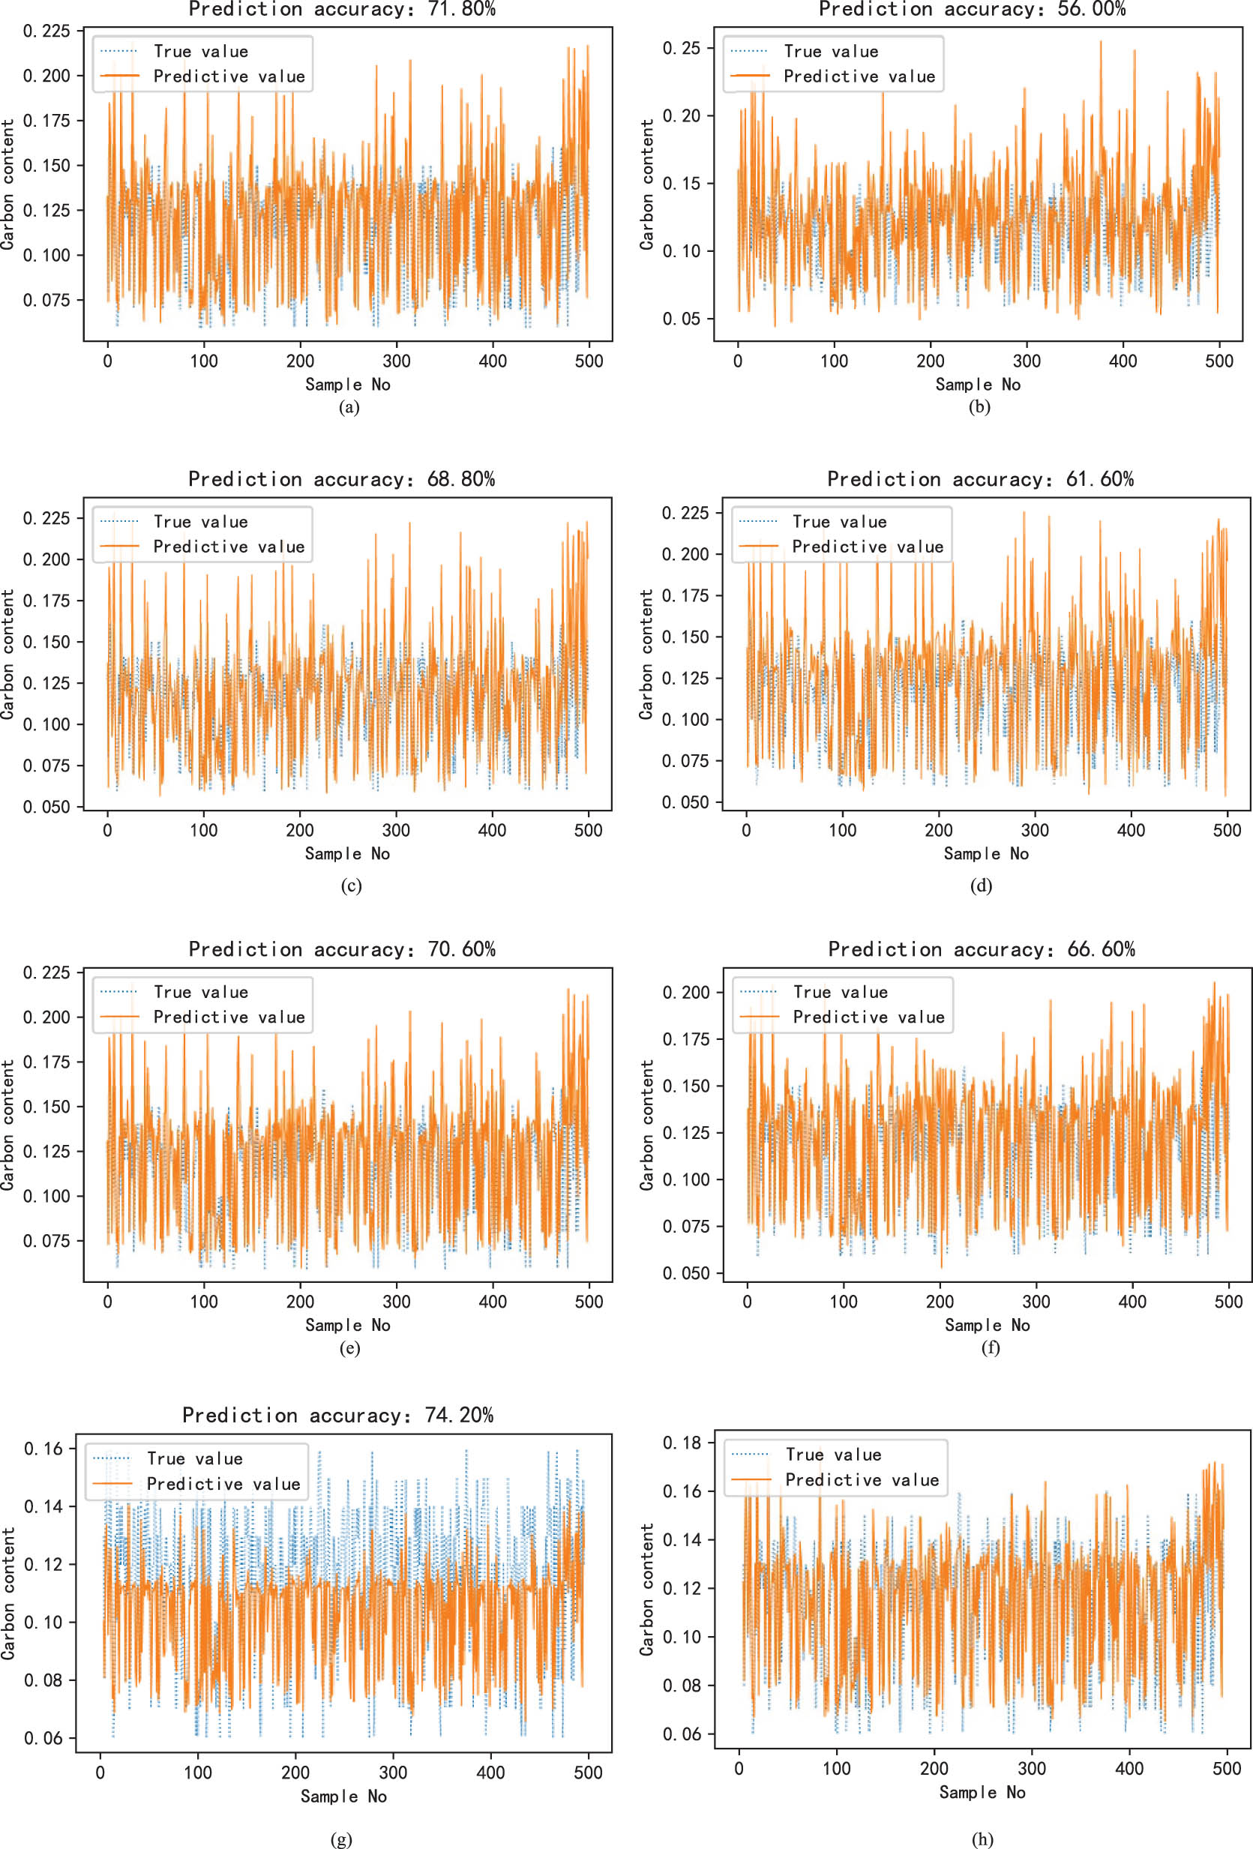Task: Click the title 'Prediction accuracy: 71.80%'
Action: pyautogui.click(x=342, y=10)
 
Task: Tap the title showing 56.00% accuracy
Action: pyautogui.click(x=972, y=10)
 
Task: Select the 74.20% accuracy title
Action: pyautogui.click(x=338, y=1415)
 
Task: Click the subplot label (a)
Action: pyautogui.click(x=349, y=407)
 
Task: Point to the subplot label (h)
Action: pyautogui.click(x=982, y=1839)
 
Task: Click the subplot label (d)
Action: pyautogui.click(x=981, y=886)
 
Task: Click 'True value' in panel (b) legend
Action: pyautogui.click(x=831, y=52)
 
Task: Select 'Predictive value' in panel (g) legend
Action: pyautogui.click(x=223, y=1484)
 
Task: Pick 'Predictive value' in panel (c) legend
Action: pyautogui.click(x=229, y=547)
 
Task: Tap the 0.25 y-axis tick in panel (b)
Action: pyautogui.click(x=682, y=49)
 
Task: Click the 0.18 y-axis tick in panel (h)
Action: pyautogui.click(x=682, y=1443)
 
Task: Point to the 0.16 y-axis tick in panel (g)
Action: pyautogui.click(x=43, y=1448)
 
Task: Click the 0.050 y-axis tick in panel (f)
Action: pyautogui.click(x=686, y=1273)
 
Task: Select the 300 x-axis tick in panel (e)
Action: pyautogui.click(x=396, y=1302)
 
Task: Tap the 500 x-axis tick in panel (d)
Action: pyautogui.click(x=1227, y=831)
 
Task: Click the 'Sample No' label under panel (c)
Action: pyautogui.click(x=348, y=854)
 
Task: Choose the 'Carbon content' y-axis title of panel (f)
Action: pyautogui.click(x=647, y=1124)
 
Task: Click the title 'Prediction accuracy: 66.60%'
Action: pyautogui.click(x=981, y=949)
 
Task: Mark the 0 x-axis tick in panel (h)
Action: pyautogui.click(x=739, y=1769)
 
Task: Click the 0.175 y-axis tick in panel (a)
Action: pyautogui.click(x=47, y=121)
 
